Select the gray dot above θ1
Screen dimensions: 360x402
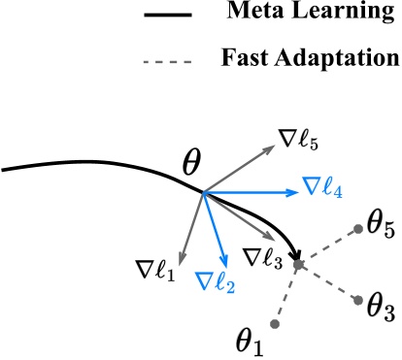coord(276,323)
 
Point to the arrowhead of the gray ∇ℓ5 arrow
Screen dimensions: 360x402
coord(271,149)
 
